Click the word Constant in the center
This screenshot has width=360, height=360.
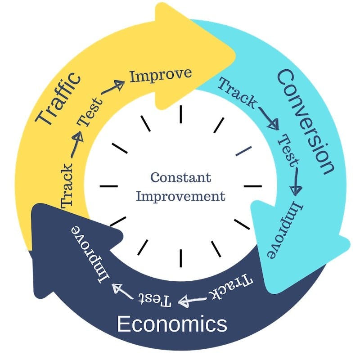pyautogui.click(x=180, y=177)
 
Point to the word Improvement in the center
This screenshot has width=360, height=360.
pyautogui.click(x=180, y=197)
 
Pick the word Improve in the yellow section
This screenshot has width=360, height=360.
pyautogui.click(x=161, y=74)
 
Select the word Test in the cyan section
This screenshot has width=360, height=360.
pyautogui.click(x=288, y=150)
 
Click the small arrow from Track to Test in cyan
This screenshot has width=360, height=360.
pyautogui.click(x=268, y=118)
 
